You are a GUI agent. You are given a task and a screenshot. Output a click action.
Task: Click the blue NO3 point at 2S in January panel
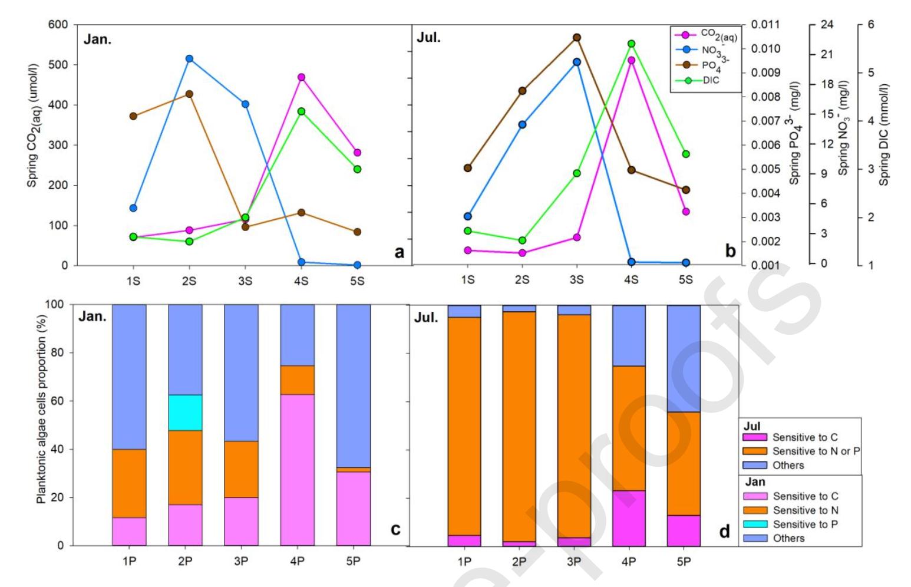coord(189,59)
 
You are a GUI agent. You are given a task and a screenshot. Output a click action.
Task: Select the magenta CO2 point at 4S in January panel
coord(301,77)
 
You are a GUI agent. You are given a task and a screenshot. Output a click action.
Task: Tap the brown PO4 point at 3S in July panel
coord(577,38)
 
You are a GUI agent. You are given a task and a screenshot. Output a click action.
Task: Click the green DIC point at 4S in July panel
coord(631,44)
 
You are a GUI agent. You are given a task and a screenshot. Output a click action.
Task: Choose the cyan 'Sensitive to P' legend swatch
coord(754,525)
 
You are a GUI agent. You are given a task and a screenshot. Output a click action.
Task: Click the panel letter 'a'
coord(400,252)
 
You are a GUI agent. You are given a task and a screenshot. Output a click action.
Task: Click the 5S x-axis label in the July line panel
coord(686,280)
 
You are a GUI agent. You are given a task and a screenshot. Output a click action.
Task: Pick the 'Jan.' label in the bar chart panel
coord(93,316)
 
